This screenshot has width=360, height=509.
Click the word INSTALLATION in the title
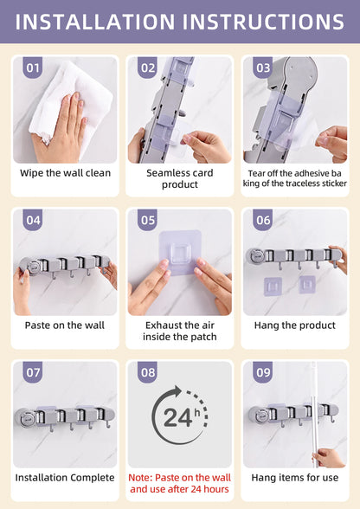click(x=95, y=22)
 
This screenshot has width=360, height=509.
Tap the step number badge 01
click(x=33, y=68)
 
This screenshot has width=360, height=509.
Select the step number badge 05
click(x=148, y=220)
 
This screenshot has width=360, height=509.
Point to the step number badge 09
click(x=262, y=371)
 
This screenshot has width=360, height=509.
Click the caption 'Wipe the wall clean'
click(x=65, y=173)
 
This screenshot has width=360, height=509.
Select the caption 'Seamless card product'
click(x=180, y=178)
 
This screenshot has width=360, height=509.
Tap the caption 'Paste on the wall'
click(x=65, y=325)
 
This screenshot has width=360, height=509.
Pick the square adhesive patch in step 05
click(x=179, y=252)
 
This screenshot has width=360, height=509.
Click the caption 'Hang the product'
click(x=295, y=325)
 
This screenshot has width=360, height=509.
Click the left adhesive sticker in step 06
click(x=273, y=287)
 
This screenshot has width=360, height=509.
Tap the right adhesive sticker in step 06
click(x=306, y=285)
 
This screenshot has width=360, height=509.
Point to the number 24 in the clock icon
click(x=177, y=418)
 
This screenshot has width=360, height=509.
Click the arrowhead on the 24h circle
click(x=177, y=391)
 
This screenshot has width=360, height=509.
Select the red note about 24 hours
click(x=179, y=483)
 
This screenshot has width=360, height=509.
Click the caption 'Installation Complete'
click(x=65, y=478)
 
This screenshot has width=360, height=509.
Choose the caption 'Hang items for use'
click(x=295, y=478)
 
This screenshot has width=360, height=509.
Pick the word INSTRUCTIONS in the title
click(x=263, y=22)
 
